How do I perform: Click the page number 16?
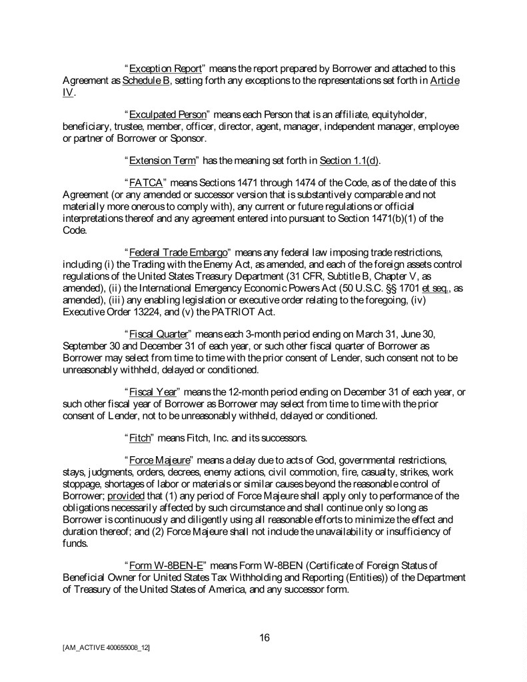264,637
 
